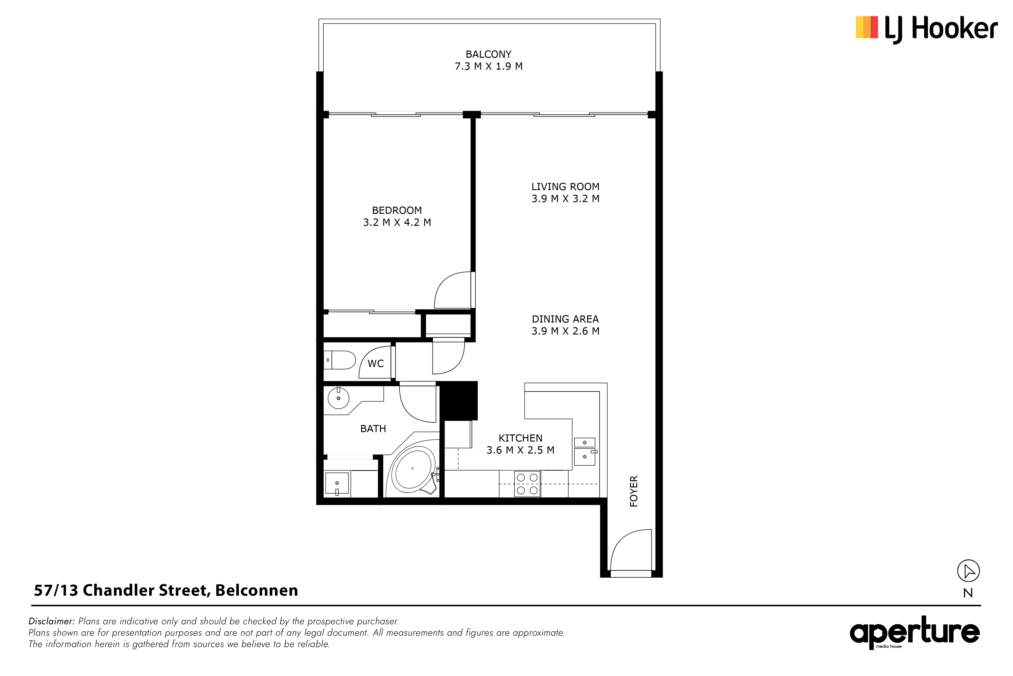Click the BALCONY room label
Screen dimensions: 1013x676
pos(489,54)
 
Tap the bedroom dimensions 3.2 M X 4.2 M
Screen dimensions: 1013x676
pos(397,223)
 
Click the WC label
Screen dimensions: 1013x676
pos(376,363)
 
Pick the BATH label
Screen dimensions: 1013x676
pos(373,429)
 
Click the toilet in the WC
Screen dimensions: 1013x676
pos(339,360)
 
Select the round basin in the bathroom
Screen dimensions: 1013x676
pos(339,398)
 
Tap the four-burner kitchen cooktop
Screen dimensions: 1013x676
pos(528,484)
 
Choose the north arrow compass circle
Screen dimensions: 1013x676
pos(968,571)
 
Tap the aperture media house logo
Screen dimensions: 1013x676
pos(915,632)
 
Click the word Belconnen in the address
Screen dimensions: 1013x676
pos(257,590)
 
